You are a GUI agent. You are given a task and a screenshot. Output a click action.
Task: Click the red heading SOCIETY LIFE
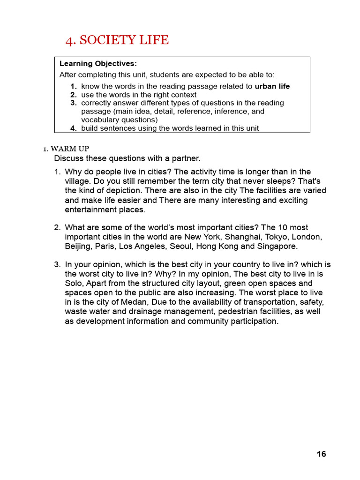(124, 40)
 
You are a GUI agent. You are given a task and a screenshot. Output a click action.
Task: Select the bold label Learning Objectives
(97, 63)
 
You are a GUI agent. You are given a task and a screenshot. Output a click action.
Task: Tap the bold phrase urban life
(272, 86)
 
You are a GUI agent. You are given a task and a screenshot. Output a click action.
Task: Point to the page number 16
(321, 454)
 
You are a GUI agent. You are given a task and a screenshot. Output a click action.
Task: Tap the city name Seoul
(180, 246)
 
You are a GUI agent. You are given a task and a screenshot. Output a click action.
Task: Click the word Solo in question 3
(73, 283)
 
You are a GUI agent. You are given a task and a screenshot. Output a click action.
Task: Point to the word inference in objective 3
(227, 111)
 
